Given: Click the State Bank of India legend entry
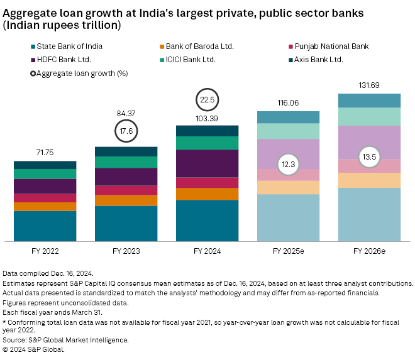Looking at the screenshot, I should click(69, 46).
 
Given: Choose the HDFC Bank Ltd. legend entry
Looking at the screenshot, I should click(63, 60).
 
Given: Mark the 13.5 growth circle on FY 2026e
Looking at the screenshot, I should click(369, 157).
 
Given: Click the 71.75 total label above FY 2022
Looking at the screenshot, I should click(45, 153).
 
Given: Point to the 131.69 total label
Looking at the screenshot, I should click(369, 85).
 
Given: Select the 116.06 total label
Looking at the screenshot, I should click(288, 102).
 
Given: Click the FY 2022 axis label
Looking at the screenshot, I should click(45, 251).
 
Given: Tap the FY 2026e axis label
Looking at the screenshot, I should click(369, 251).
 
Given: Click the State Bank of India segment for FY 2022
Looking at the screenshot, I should click(45, 226).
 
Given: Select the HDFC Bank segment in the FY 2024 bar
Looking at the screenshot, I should click(207, 163).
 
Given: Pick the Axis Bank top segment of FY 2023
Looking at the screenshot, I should click(126, 151).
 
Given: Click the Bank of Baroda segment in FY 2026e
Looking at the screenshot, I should click(369, 180).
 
